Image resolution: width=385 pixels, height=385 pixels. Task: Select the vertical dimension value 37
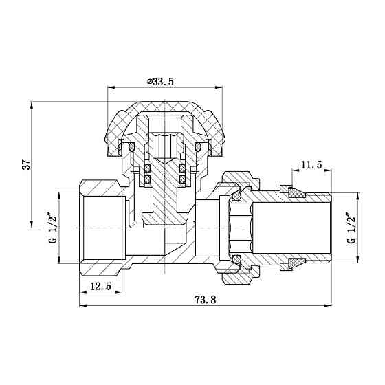(26, 165)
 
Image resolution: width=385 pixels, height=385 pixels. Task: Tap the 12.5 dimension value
(102, 287)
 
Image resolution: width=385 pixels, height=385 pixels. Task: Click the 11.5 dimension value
(311, 166)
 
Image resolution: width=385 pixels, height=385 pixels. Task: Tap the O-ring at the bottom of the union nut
(236, 259)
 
